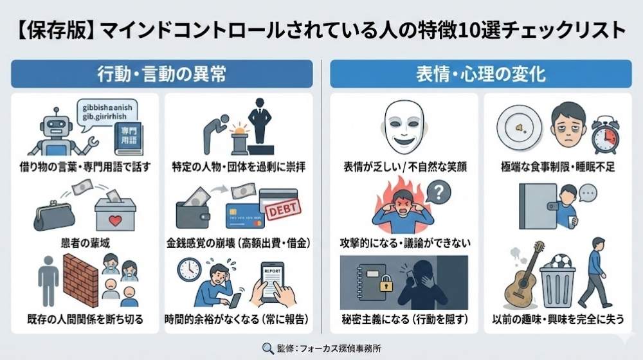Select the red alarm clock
click(x=604, y=134)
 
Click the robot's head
click(x=53, y=122)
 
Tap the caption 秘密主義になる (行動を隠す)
click(x=404, y=319)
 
